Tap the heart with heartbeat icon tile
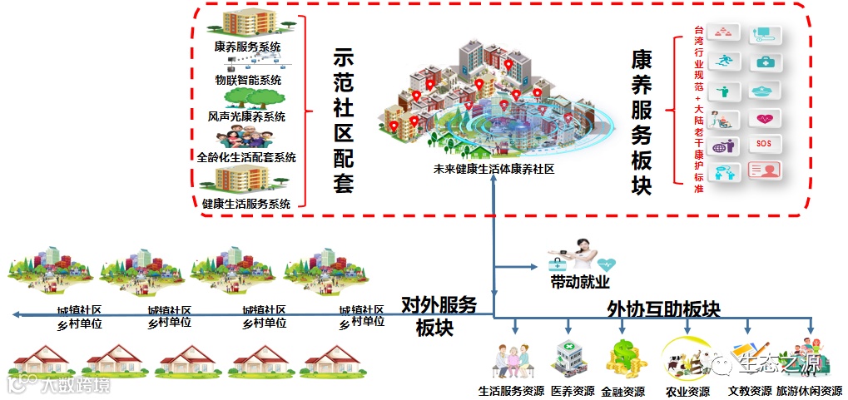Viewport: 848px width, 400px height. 765,117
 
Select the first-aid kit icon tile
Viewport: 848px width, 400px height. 765,62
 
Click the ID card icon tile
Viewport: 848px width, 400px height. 765,170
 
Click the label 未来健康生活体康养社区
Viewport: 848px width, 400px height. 493,169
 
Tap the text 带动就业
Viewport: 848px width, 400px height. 575,281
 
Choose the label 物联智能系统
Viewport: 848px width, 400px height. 247,81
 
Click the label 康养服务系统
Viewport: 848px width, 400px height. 247,47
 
